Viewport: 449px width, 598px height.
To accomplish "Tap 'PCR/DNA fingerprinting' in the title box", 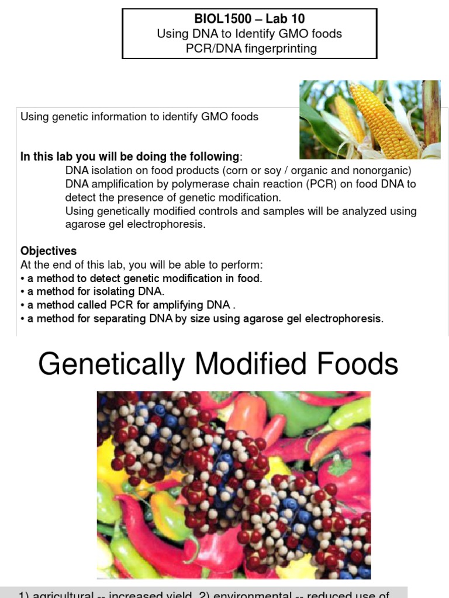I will click(x=251, y=48).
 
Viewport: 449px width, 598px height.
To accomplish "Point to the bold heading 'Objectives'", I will click(x=49, y=251).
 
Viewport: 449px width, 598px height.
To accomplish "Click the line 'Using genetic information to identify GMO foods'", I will click(x=139, y=117).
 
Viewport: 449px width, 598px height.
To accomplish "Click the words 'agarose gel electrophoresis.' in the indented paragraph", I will click(x=136, y=224).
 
